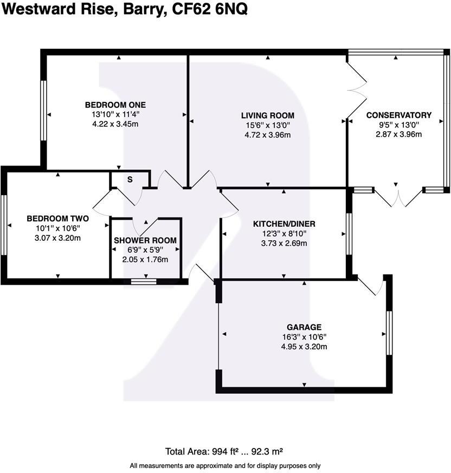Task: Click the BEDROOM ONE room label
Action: click(115, 105)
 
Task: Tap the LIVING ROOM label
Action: click(268, 115)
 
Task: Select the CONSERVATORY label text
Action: click(398, 115)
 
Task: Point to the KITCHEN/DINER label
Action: click(284, 223)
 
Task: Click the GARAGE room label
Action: click(304, 327)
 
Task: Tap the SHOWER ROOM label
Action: click(145, 240)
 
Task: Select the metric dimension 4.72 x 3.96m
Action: click(268, 135)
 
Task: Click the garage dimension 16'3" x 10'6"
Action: click(304, 337)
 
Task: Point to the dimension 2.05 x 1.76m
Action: click(145, 259)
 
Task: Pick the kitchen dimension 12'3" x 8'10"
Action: click(284, 233)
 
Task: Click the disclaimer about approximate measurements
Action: click(225, 465)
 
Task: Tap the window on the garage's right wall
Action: click(388, 333)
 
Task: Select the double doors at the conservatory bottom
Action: click(398, 198)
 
